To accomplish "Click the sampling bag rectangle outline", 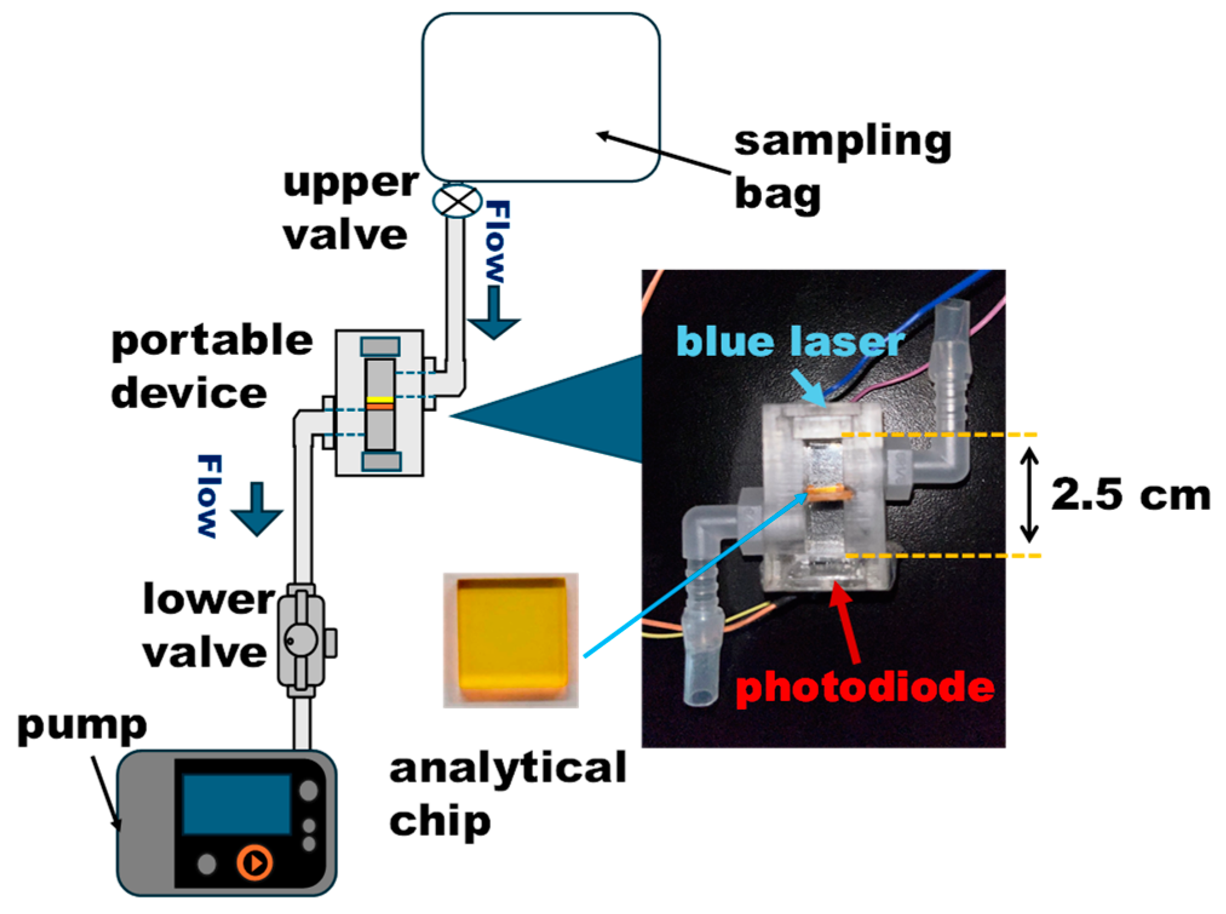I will tap(540, 97).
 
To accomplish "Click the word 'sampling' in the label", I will tap(842, 142).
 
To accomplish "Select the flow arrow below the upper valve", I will tap(494, 315).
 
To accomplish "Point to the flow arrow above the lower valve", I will tap(257, 510).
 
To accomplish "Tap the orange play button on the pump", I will tap(254, 862).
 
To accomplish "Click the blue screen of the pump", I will tap(237, 804).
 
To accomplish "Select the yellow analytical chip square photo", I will tap(511, 640).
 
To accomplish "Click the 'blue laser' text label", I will tap(790, 341).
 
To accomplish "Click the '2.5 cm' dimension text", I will tap(1130, 495).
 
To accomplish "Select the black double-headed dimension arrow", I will tap(1029, 495).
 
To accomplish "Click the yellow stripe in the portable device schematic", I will tap(380, 399).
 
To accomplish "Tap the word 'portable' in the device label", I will tap(212, 341).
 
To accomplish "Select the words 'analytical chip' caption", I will tap(507, 793).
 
